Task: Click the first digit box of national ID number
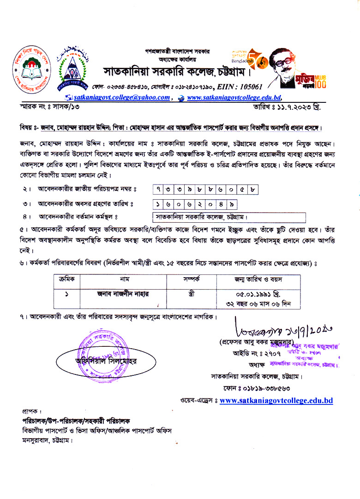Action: pos(158,189)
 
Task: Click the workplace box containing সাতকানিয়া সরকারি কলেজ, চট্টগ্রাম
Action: pos(229,217)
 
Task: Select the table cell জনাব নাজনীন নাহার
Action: pos(124,293)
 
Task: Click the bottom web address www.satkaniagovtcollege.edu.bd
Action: pos(276,400)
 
